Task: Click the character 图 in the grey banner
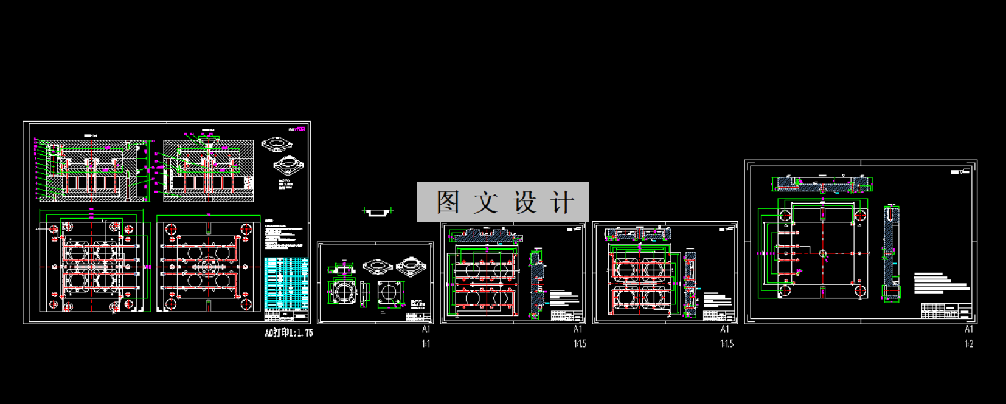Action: pyautogui.click(x=448, y=202)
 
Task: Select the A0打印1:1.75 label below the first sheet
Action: pyautogui.click(x=289, y=333)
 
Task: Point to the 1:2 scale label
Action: pyautogui.click(x=968, y=344)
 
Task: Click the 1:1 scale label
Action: pyautogui.click(x=426, y=344)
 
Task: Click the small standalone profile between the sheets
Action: pyautogui.click(x=378, y=211)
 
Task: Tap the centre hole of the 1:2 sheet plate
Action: pyautogui.click(x=823, y=253)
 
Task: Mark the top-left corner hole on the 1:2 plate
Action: pyautogui.click(x=785, y=215)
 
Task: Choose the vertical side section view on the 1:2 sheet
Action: pyautogui.click(x=891, y=253)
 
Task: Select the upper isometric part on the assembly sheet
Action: pyautogui.click(x=277, y=145)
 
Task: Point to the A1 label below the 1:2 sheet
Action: pyautogui.click(x=968, y=329)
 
